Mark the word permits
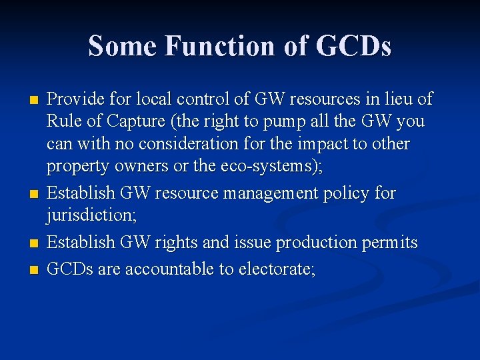(388, 243)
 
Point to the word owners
(135, 167)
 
